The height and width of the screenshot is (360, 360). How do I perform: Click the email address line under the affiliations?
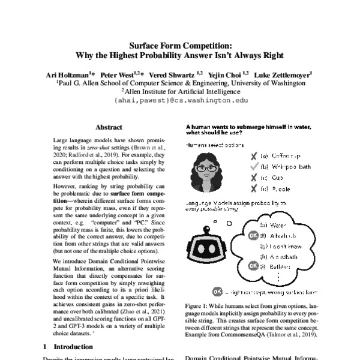[180, 102]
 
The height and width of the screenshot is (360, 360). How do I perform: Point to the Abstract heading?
[109, 127]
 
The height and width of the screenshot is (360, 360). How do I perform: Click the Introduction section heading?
[68, 346]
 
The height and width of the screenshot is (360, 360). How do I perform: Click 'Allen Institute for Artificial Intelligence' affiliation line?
[181, 92]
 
